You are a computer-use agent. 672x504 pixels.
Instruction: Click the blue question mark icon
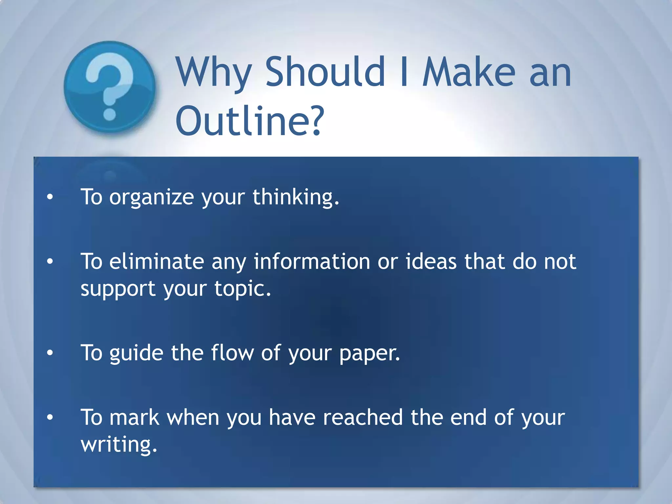click(x=110, y=87)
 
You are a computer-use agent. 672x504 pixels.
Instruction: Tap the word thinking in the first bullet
click(x=295, y=198)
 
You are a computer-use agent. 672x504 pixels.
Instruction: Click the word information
click(x=312, y=262)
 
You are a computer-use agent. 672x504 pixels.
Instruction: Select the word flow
click(x=232, y=353)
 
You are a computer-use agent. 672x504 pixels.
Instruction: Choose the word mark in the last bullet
click(x=134, y=418)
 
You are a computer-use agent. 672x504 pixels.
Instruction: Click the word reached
click(x=363, y=418)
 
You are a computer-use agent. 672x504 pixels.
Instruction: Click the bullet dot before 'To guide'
click(x=50, y=353)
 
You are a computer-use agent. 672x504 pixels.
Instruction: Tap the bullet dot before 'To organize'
click(x=50, y=197)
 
